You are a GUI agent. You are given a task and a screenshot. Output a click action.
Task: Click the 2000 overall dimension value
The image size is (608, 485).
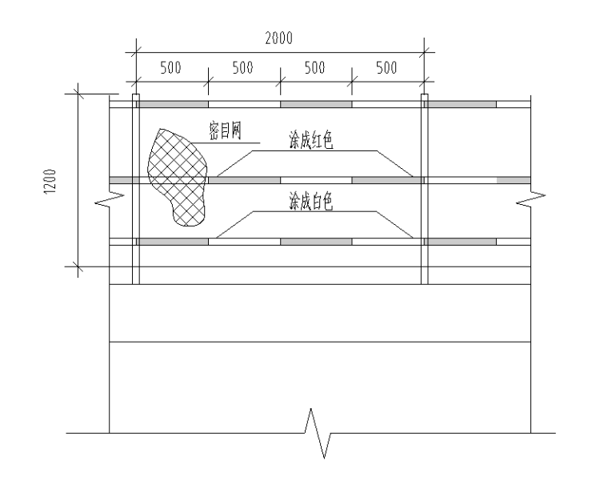[278, 38]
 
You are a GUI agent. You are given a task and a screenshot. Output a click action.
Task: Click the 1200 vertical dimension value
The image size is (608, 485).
[50, 181]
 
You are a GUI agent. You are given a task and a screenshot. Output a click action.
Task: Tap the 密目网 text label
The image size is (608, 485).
[226, 130]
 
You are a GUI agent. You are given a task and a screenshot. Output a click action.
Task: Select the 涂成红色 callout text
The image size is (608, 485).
[311, 140]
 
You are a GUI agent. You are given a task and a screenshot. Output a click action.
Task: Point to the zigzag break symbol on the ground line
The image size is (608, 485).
[318, 433]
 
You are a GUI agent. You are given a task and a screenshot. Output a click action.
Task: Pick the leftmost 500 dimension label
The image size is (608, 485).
[170, 68]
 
